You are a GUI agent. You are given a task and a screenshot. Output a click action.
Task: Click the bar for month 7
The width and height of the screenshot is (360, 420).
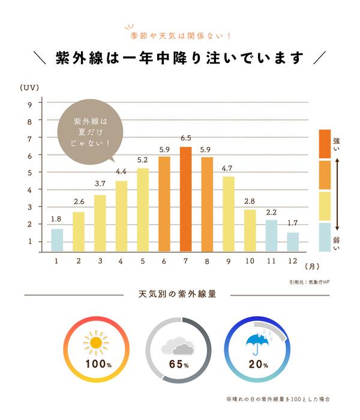[185, 199]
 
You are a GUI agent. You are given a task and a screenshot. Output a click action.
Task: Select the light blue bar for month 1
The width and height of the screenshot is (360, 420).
[57, 240]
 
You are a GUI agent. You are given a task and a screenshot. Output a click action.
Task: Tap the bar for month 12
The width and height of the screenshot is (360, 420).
[293, 242]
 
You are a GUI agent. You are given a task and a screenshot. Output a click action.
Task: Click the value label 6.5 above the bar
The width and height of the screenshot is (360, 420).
[185, 139]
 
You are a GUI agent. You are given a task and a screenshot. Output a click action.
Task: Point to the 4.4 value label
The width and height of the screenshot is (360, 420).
[121, 173]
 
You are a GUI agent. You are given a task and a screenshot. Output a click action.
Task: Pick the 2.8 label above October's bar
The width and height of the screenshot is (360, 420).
[250, 201]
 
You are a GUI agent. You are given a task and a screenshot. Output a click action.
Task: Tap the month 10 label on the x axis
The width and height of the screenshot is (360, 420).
[250, 261]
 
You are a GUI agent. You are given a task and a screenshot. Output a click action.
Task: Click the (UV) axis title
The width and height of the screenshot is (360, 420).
[29, 88]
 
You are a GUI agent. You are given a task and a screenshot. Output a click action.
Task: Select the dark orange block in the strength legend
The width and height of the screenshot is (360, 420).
[325, 143]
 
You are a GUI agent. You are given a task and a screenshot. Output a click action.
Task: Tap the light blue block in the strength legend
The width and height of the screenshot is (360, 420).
[325, 237]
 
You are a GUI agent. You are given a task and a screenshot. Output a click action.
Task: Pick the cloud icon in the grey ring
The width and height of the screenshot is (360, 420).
[178, 346]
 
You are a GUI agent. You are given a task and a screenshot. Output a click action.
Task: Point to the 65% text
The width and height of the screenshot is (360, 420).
[179, 364]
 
